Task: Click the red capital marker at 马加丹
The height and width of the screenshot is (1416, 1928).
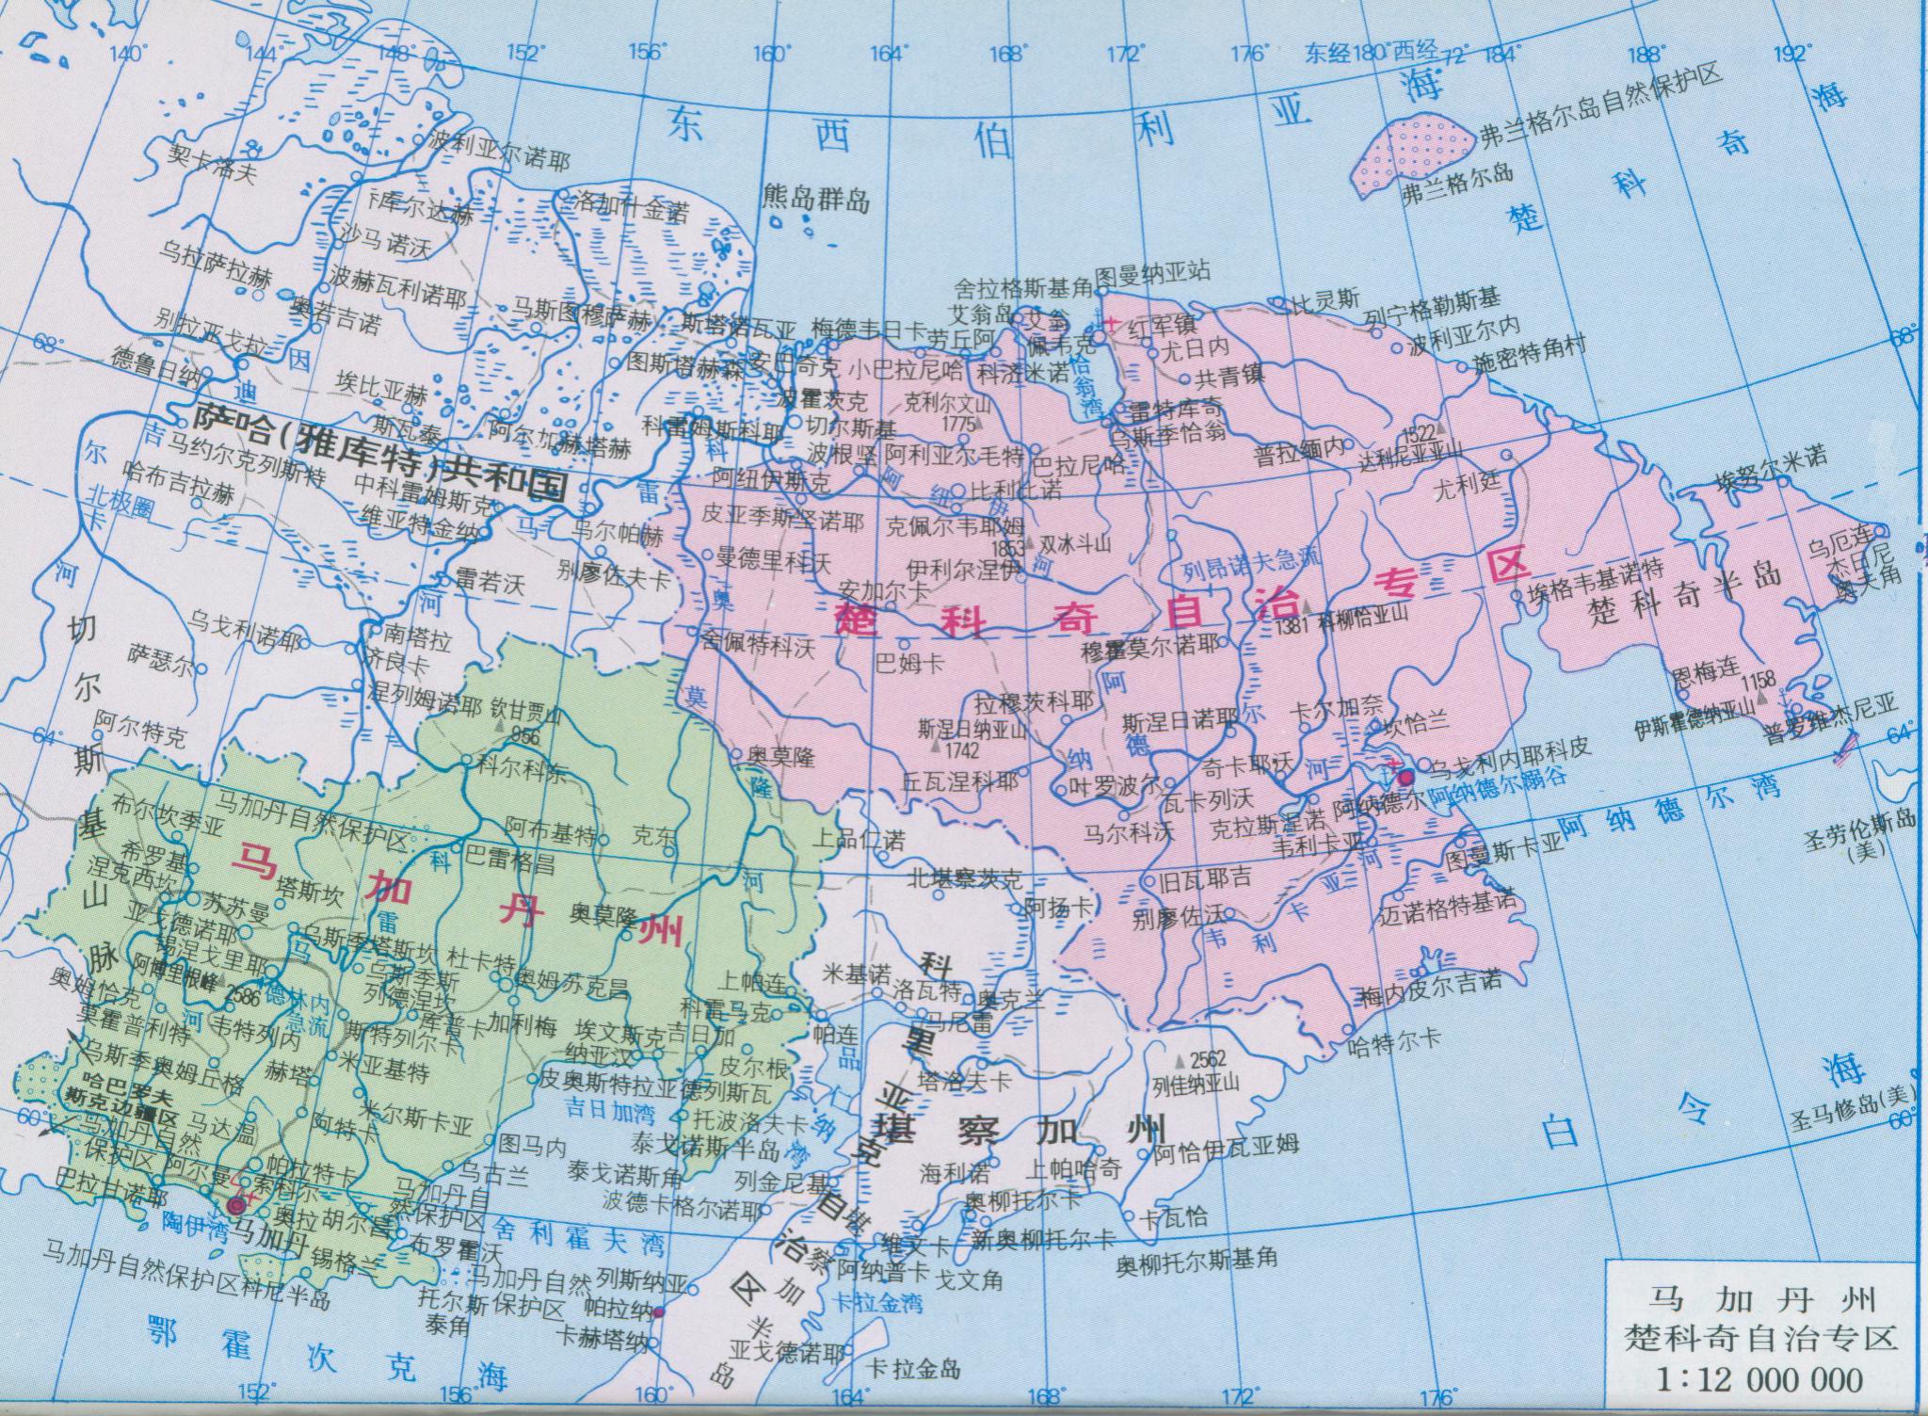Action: click(x=235, y=1205)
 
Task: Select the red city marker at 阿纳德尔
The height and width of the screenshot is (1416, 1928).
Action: click(x=1406, y=778)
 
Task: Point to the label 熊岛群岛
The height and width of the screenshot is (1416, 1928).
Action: click(x=816, y=199)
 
